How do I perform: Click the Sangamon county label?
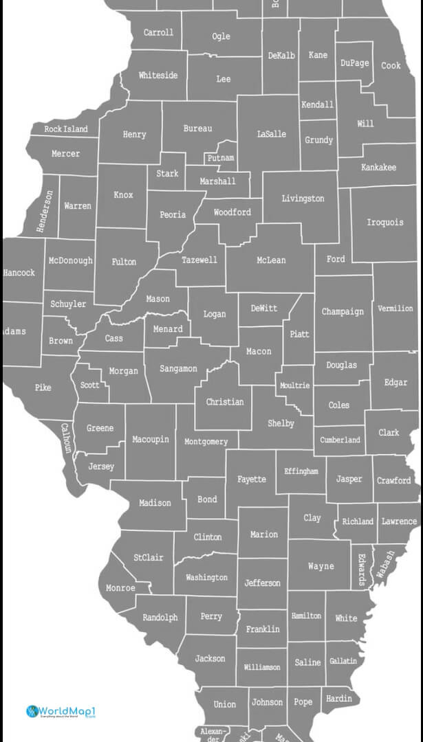pyautogui.click(x=178, y=369)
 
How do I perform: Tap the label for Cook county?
pyautogui.click(x=391, y=65)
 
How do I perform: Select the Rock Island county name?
pyautogui.click(x=66, y=129)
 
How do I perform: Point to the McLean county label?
pyautogui.click(x=271, y=260)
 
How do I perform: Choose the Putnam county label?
pyautogui.click(x=220, y=158)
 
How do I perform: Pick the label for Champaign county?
pyautogui.click(x=343, y=311)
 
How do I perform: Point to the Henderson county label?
pyautogui.click(x=45, y=211)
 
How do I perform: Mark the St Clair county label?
pyautogui.click(x=149, y=557)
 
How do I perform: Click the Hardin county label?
pyautogui.click(x=338, y=699)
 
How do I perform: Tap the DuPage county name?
pyautogui.click(x=354, y=63)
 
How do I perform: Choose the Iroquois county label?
pyautogui.click(x=384, y=223)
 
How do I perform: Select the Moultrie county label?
pyautogui.click(x=294, y=385)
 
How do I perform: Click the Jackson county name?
pyautogui.click(x=210, y=658)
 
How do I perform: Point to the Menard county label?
pyautogui.click(x=168, y=329)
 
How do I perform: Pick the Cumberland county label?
pyautogui.click(x=340, y=440)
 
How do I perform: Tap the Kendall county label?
pyautogui.click(x=317, y=105)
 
